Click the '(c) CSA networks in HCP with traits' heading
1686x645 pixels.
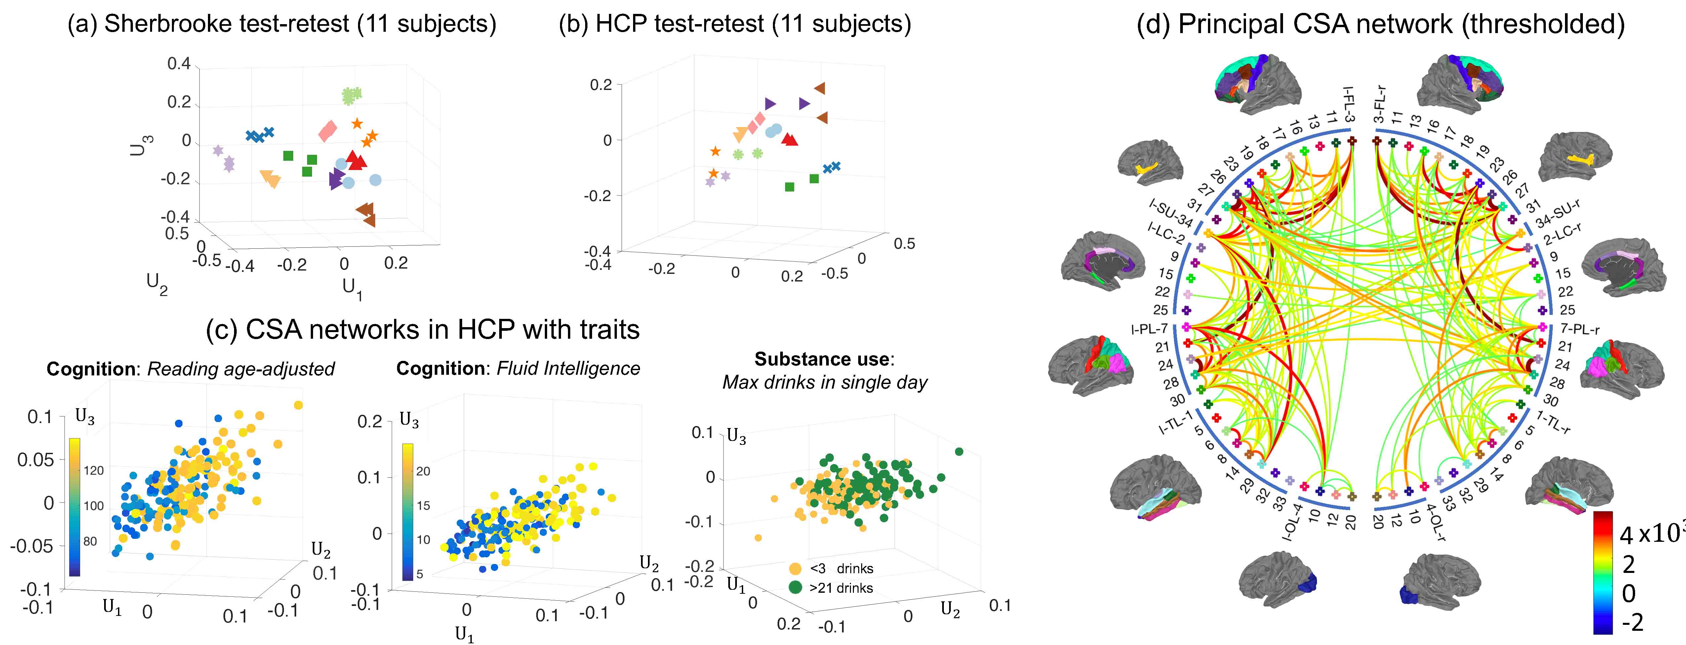click(423, 329)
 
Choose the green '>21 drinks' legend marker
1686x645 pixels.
click(795, 587)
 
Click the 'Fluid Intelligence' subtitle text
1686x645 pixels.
click(568, 369)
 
